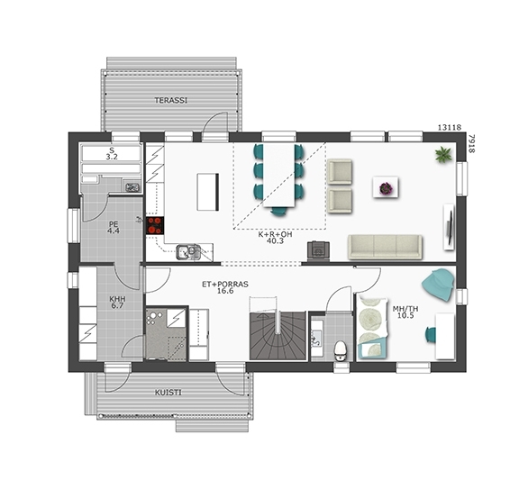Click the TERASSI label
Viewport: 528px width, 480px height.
[170, 100]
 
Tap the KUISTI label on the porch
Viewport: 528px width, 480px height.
[168, 393]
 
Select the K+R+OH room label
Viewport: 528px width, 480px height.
[275, 234]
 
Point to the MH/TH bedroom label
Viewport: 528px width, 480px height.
[405, 309]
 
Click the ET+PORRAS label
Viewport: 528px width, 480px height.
[225, 284]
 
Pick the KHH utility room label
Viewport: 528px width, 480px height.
[117, 299]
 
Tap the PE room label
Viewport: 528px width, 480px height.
[114, 224]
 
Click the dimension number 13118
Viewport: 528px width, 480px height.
[450, 127]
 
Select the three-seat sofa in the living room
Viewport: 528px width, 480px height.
[385, 247]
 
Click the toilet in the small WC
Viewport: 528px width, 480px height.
[340, 350]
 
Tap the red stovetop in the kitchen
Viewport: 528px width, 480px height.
[155, 225]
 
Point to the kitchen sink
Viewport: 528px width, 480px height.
[188, 252]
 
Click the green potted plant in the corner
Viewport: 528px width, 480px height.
[443, 155]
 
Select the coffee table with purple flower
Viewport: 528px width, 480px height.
[386, 187]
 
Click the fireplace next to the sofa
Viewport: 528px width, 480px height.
[318, 250]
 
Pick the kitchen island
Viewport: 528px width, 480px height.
[208, 192]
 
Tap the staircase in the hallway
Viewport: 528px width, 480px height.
[278, 335]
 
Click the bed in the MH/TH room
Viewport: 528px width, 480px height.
[373, 326]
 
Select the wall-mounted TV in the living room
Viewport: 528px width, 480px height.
[450, 227]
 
